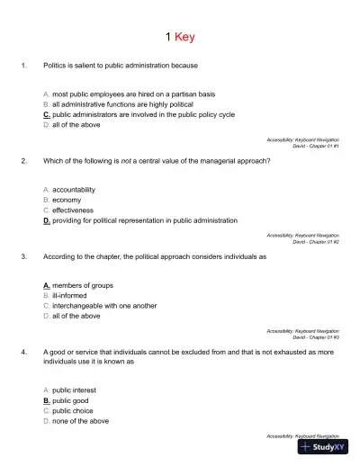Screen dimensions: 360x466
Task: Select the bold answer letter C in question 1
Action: point(46,115)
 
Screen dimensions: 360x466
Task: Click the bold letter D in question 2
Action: point(46,220)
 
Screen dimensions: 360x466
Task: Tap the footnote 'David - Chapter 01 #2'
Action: point(316,241)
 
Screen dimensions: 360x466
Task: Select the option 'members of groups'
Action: point(83,285)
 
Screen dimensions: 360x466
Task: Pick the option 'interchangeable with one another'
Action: point(104,306)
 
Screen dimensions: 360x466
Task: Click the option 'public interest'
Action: point(76,390)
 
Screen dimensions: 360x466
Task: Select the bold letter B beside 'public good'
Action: point(46,400)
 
